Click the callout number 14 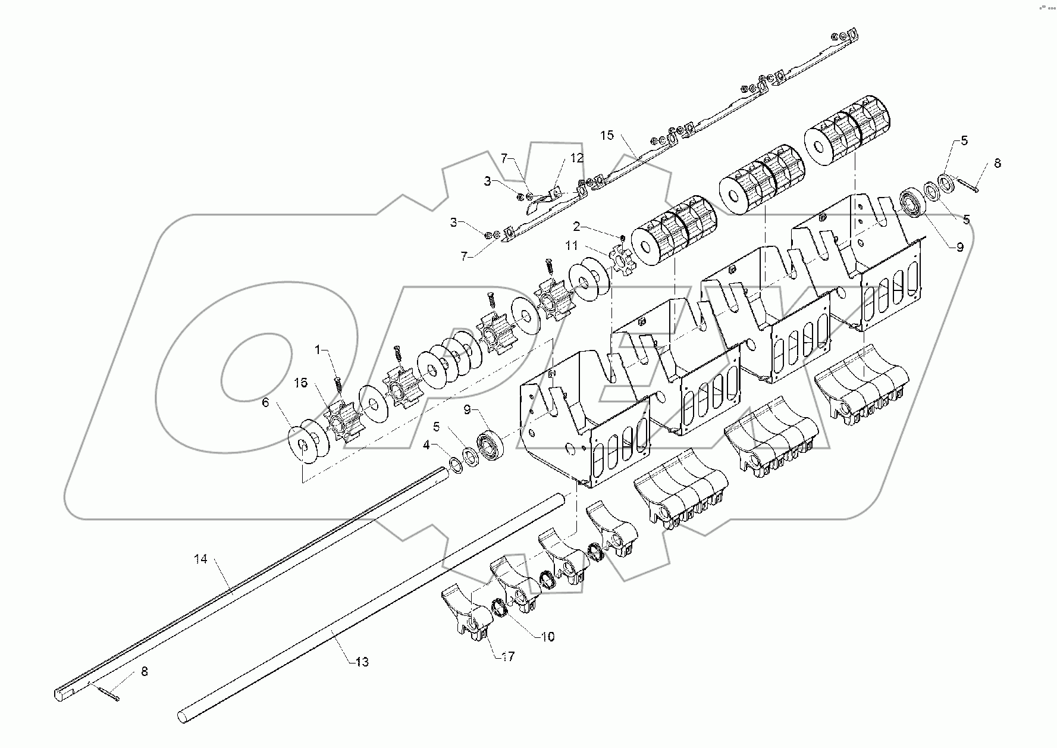point(200,559)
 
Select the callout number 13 point(362,661)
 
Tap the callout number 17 point(507,656)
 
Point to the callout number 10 point(547,636)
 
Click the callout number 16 point(301,382)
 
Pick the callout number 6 point(265,402)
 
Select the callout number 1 point(318,349)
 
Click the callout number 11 point(571,245)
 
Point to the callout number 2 point(576,226)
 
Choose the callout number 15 point(606,135)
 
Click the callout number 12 point(577,158)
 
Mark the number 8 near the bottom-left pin point(144,671)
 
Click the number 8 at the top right point(998,163)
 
